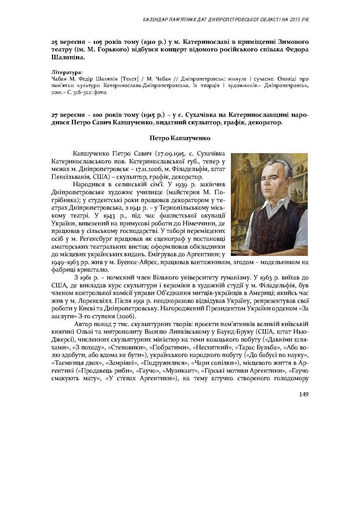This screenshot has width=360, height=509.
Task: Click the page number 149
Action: [303, 394]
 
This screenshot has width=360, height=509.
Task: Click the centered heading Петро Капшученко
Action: [180, 138]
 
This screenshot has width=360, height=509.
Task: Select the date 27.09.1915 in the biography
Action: [170, 153]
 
